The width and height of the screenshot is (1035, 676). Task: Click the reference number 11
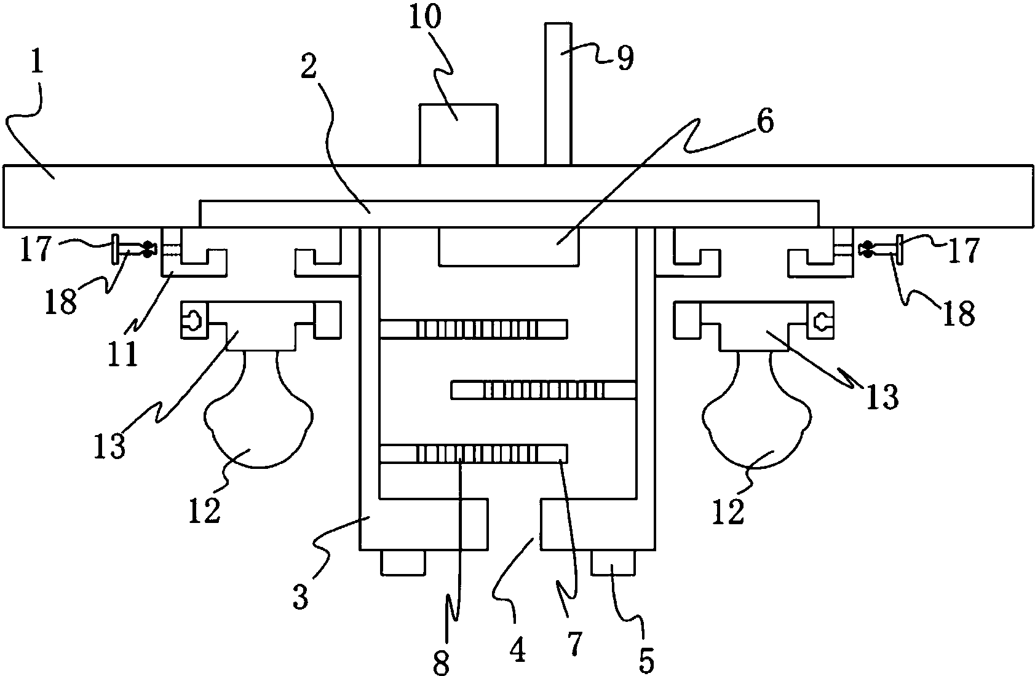coord(123,353)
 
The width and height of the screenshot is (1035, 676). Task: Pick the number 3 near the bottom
coord(300,597)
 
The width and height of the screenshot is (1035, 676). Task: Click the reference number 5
coord(646,659)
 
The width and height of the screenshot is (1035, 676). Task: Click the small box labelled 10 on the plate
coord(458,134)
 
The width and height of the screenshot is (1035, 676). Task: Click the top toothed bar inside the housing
coord(474,329)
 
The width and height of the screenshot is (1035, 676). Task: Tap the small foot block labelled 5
coord(613,562)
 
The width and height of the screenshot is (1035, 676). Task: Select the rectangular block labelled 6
coord(509,246)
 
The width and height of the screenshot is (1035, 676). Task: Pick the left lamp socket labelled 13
coord(260,325)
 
